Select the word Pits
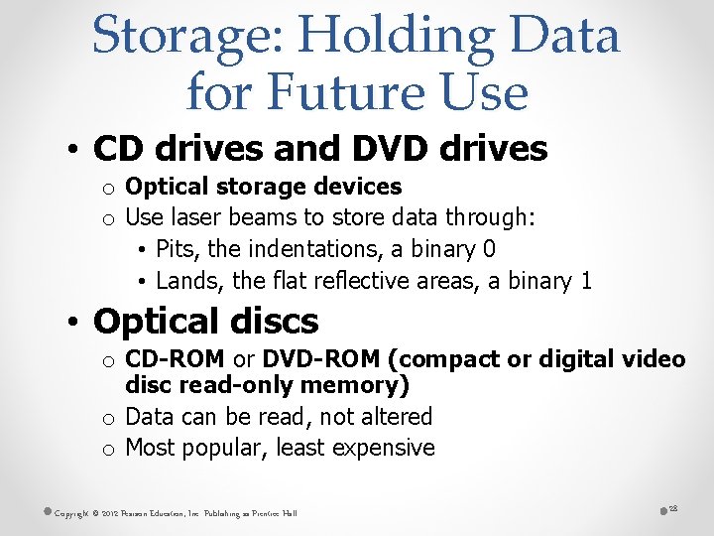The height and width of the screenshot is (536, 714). point(178,248)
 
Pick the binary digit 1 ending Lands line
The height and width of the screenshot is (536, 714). point(586,281)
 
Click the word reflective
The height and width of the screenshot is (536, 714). point(360,281)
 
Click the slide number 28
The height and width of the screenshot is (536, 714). point(671,507)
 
